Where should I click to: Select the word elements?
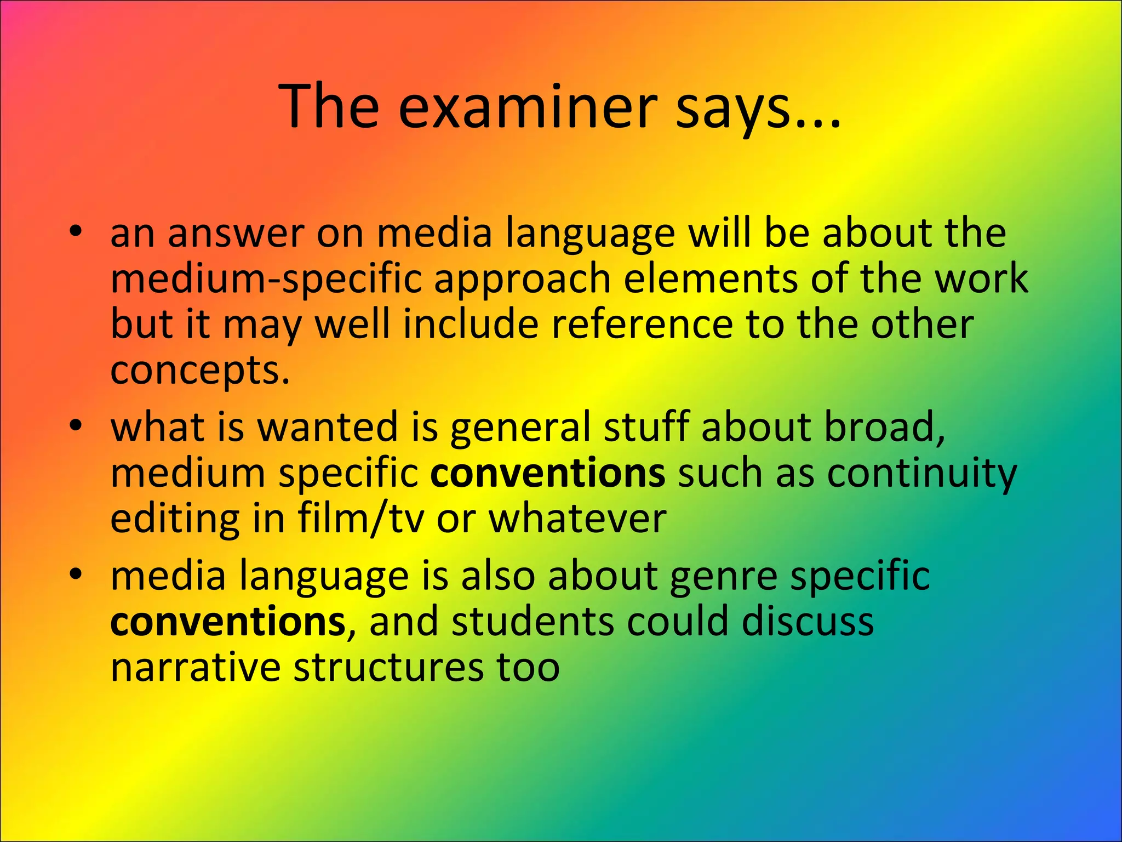tap(710, 278)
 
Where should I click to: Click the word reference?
tap(642, 324)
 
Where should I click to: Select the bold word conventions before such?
tap(547, 473)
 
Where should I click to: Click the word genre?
tap(723, 577)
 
